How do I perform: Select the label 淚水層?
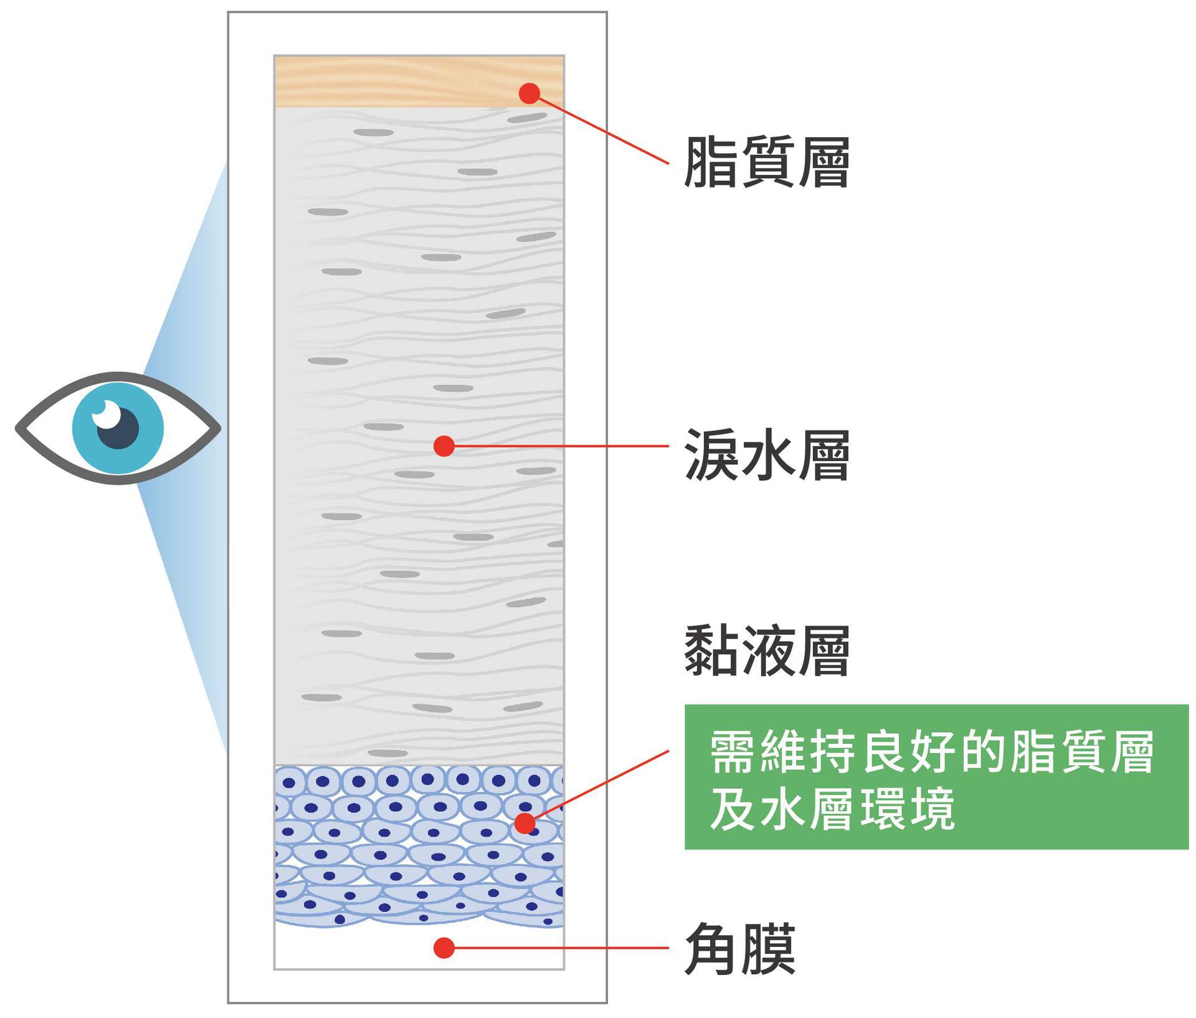(767, 455)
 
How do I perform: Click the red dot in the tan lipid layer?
(529, 93)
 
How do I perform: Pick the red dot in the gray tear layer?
(444, 445)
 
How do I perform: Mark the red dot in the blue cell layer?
(525, 823)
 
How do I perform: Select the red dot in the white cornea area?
(444, 948)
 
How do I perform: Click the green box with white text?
(936, 776)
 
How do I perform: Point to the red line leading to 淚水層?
(561, 446)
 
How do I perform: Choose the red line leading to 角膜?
(561, 948)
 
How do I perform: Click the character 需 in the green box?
(734, 752)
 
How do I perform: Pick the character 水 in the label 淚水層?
(767, 455)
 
